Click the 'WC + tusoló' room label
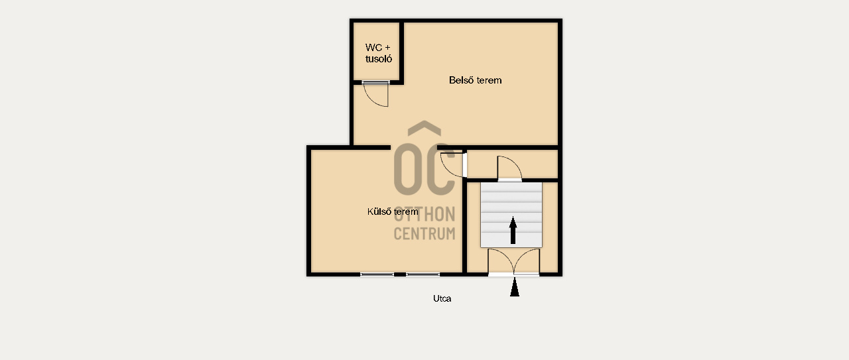(378, 53)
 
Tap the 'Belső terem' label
(476, 80)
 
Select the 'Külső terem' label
(393, 211)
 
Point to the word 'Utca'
(442, 298)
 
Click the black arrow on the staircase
(513, 230)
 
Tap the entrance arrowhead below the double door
(514, 287)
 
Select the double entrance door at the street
(513, 261)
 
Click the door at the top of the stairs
(509, 168)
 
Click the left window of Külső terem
(377, 274)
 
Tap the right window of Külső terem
(423, 274)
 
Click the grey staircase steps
(511, 215)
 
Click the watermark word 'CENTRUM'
(424, 233)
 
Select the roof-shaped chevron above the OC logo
(424, 128)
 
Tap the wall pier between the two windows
(400, 274)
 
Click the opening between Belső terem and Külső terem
(414, 147)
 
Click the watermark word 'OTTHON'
(424, 215)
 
